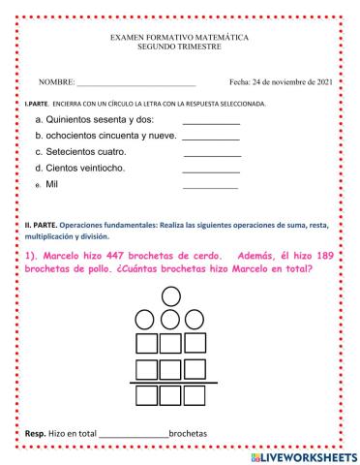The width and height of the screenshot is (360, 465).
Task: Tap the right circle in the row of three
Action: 194,319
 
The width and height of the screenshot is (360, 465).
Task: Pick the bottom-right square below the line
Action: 194,394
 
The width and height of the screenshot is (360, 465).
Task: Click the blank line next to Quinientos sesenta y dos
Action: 211,123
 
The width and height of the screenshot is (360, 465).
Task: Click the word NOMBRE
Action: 55,82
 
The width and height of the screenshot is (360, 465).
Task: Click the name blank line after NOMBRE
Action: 135,85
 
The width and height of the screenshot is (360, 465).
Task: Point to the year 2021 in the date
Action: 322,82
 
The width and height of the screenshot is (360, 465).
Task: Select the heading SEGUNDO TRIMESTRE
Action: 179,46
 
